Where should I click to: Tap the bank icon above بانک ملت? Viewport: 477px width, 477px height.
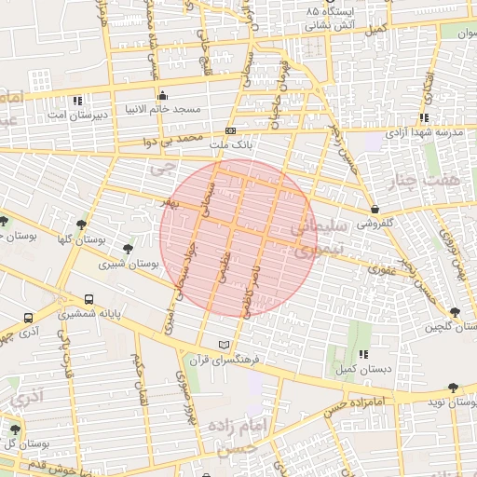tap(230, 131)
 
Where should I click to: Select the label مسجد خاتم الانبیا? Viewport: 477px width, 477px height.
tap(166, 108)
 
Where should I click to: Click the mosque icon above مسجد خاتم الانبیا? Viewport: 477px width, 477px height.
tap(163, 95)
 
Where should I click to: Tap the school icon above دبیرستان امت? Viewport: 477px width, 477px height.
tap(77, 100)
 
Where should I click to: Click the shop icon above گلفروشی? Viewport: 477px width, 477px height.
tap(375, 209)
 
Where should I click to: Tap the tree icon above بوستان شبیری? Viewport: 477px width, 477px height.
tap(128, 249)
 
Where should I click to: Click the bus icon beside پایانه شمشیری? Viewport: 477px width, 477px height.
tap(89, 300)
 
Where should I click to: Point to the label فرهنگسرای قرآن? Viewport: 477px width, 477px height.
tap(223, 359)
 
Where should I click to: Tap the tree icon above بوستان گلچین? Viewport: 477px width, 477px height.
tap(454, 313)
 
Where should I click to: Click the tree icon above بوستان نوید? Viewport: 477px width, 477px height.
tap(453, 388)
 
